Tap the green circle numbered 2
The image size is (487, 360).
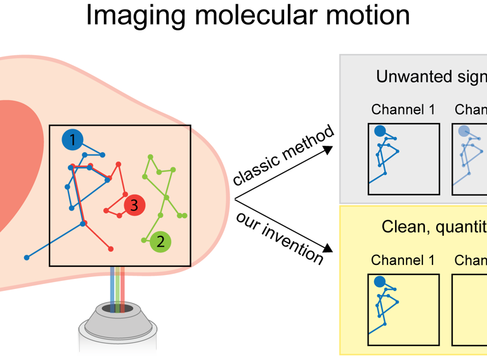160,241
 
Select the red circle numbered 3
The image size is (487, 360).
134,205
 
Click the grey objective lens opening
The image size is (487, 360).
118,309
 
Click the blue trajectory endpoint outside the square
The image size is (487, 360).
27,257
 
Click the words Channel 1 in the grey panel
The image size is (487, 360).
403,110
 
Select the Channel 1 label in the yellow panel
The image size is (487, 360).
403,260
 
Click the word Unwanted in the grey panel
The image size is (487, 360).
405,77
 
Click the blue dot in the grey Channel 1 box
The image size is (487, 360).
380,131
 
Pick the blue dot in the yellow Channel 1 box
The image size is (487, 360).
380,282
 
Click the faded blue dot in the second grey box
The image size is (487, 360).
464,131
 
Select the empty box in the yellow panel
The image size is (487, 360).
470,309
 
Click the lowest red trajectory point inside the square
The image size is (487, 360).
111,248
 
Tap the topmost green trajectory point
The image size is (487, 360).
150,156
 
